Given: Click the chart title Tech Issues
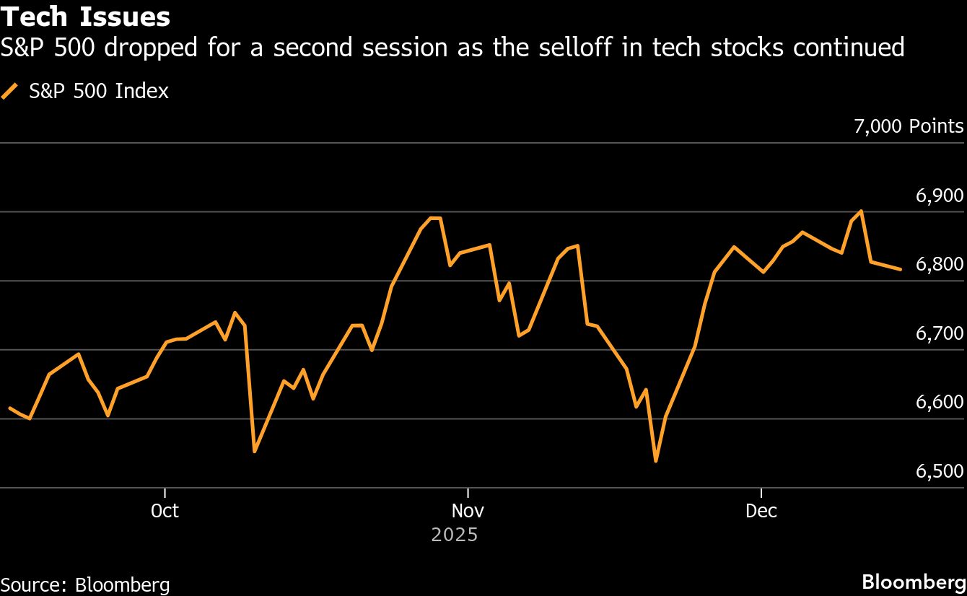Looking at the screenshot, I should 86,17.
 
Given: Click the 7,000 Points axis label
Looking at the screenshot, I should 909,127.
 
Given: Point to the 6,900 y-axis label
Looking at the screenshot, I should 940,196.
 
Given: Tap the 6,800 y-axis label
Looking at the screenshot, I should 940,265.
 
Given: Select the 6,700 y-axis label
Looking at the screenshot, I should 940,333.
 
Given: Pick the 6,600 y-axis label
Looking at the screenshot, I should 940,402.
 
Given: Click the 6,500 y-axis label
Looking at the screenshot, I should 940,471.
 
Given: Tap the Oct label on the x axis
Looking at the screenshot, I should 165,511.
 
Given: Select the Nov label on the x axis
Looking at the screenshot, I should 468,511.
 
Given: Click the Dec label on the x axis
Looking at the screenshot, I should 761,511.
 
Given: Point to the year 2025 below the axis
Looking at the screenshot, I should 455,535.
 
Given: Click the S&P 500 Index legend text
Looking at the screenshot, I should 99,92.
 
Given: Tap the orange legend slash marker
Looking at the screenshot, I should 10,92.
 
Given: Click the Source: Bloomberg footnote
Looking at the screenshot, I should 85,584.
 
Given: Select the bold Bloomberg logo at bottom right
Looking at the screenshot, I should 914,582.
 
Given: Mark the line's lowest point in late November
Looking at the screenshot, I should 655,460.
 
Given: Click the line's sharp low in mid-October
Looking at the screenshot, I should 255,452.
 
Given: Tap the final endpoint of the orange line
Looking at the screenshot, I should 900,269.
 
